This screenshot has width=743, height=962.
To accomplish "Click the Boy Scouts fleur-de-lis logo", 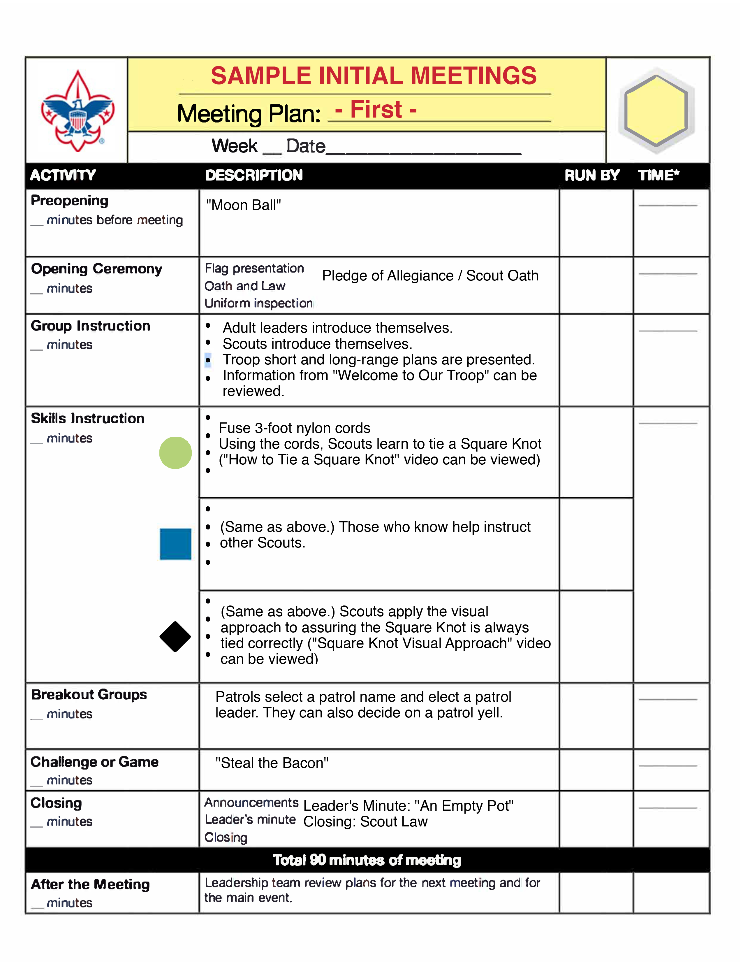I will pyautogui.click(x=78, y=111).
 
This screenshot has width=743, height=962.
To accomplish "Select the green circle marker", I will pyautogui.click(x=175, y=453).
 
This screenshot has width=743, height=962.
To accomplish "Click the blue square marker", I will pyautogui.click(x=175, y=544).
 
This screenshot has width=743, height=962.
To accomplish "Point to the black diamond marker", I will pyautogui.click(x=175, y=636).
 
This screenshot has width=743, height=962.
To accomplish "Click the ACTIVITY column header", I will pyautogui.click(x=63, y=175).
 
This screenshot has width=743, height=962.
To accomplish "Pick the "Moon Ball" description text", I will pyautogui.click(x=243, y=205).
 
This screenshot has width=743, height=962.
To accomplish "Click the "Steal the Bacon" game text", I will pyautogui.click(x=272, y=763).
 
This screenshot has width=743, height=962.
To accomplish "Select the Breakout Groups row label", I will pyautogui.click(x=89, y=695).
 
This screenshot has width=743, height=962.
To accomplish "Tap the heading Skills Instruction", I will pyautogui.click(x=88, y=418).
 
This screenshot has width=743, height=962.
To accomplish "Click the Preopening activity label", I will pyautogui.click(x=70, y=201).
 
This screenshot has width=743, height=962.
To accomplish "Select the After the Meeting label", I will pyautogui.click(x=90, y=884).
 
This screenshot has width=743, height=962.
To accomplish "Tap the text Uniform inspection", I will pyautogui.click(x=258, y=303).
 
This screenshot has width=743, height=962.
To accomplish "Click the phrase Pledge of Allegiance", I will pyautogui.click(x=387, y=276).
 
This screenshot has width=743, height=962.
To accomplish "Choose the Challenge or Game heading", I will pyautogui.click(x=95, y=762).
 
